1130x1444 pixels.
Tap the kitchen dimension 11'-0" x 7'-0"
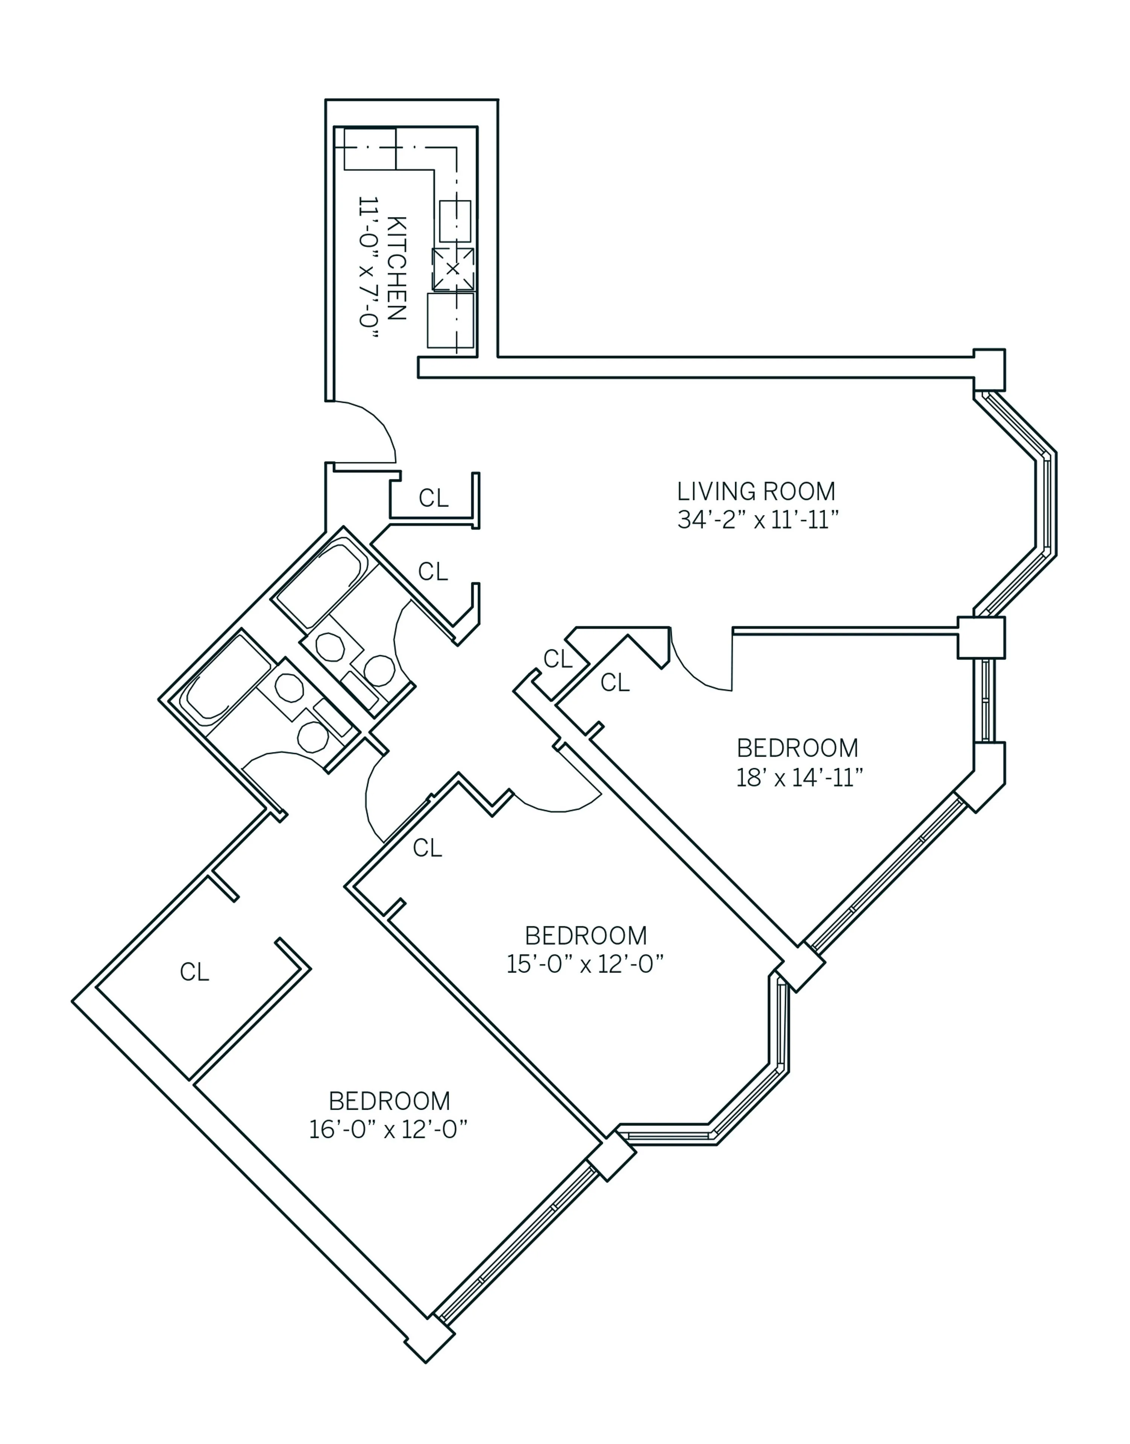pyautogui.click(x=369, y=270)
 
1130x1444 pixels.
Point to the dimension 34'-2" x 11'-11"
pyautogui.click(x=757, y=520)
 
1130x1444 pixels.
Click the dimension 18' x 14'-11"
pyautogui.click(x=799, y=777)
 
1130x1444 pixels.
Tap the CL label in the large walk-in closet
pyautogui.click(x=194, y=972)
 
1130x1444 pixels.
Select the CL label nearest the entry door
pyautogui.click(x=433, y=498)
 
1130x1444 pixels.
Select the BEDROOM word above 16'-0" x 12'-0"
pyautogui.click(x=389, y=1101)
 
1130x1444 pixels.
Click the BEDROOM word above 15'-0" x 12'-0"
pyautogui.click(x=585, y=936)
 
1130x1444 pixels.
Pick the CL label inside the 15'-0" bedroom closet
pyautogui.click(x=428, y=848)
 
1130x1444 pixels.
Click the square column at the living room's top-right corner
pyautogui.click(x=989, y=369)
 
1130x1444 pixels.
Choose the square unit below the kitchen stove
pyautogui.click(x=450, y=320)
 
